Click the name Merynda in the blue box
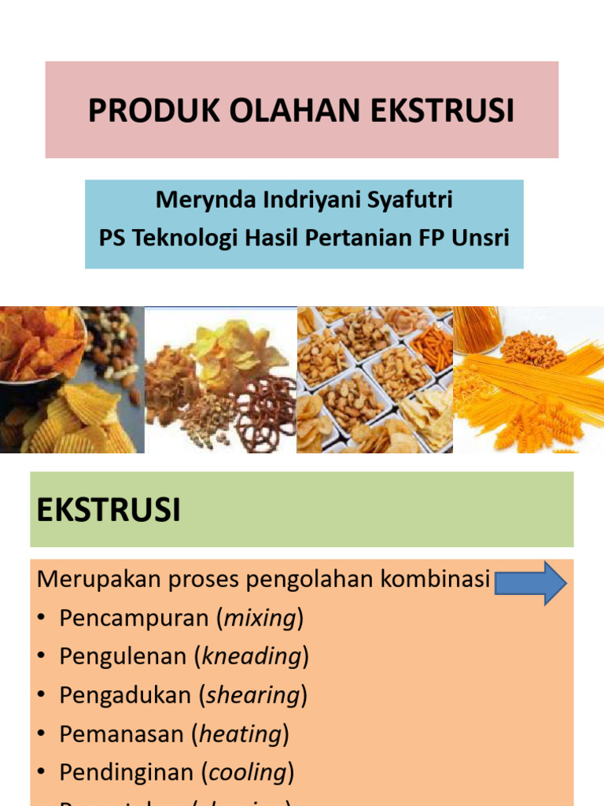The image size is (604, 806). (x=200, y=199)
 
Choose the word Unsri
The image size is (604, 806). (x=481, y=237)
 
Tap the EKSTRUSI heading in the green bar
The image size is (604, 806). (x=109, y=510)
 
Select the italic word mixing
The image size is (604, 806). (x=260, y=619)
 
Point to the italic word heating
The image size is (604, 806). (x=241, y=734)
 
